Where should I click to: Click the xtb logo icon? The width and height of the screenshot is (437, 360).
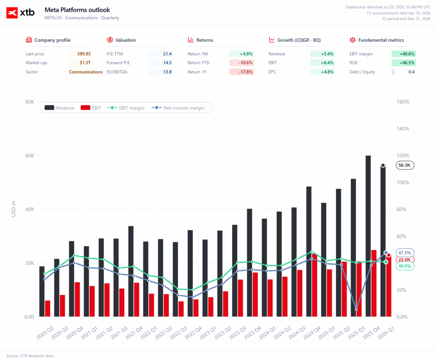(x=12, y=13)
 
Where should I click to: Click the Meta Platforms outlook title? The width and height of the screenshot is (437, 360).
(x=77, y=10)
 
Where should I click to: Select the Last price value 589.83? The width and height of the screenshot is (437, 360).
(x=84, y=54)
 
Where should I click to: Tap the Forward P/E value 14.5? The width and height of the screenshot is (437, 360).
(x=167, y=63)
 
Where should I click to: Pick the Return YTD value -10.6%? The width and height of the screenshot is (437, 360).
(x=245, y=63)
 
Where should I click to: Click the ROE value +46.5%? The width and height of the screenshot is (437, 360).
(x=407, y=63)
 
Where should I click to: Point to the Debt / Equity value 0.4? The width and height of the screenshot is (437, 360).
(x=411, y=72)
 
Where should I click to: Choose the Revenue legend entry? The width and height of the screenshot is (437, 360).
(x=59, y=108)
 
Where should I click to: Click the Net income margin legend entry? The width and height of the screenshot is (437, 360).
(x=178, y=108)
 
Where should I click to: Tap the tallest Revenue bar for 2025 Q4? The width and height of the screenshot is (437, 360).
(x=368, y=236)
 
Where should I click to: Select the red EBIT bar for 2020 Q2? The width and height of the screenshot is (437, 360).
(x=48, y=308)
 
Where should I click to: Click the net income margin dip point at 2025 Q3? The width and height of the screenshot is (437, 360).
(x=356, y=309)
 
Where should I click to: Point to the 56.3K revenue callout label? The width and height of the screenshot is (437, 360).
(x=405, y=165)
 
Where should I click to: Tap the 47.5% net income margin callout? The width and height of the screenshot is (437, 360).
(x=405, y=253)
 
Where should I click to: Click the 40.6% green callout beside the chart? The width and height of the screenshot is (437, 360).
(x=405, y=266)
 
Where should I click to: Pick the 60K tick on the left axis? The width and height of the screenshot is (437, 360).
(x=29, y=156)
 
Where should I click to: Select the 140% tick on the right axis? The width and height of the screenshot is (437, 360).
(x=403, y=129)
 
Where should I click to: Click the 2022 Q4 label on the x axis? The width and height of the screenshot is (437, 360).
(x=193, y=333)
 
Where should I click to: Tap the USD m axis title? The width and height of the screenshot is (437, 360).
(x=14, y=209)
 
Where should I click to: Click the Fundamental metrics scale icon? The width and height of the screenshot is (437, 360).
(x=353, y=40)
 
